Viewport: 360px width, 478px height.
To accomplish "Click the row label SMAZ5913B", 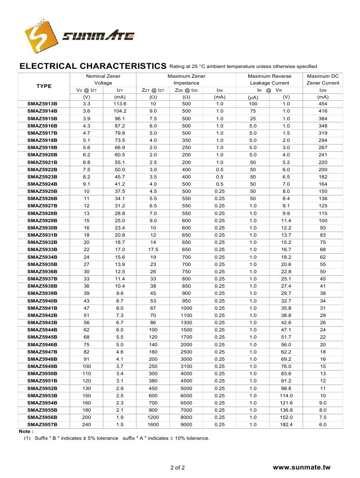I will click(x=43, y=104).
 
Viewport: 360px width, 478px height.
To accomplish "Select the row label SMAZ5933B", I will click(x=43, y=249).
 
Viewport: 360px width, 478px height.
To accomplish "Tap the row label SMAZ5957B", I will click(x=43, y=424).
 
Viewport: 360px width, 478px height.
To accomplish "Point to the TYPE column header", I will click(x=44, y=86).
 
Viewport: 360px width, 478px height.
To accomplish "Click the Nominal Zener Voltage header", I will click(x=103, y=79).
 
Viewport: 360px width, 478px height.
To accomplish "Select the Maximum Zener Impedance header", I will click(x=186, y=79).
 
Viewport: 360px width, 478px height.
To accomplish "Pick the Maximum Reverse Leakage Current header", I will click(x=269, y=79).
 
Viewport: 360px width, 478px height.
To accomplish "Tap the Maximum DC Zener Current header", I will click(x=323, y=79).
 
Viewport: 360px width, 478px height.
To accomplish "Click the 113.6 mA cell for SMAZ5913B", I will click(x=120, y=104).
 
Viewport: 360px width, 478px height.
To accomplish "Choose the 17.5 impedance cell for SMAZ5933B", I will click(x=153, y=249).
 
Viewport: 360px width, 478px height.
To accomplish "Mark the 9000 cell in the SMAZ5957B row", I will click(x=186, y=424).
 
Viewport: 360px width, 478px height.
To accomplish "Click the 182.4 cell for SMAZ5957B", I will click(x=286, y=424).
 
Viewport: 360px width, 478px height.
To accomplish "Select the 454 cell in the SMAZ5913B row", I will click(x=323, y=104).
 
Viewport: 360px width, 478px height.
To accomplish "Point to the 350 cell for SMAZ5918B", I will click(x=186, y=140).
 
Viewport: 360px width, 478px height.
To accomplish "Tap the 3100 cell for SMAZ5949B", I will click(x=186, y=366).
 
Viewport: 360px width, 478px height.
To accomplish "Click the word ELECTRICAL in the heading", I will click(x=48, y=66).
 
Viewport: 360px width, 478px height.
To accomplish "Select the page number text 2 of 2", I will click(x=178, y=468).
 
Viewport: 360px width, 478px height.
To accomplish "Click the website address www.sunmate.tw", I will click(x=301, y=467).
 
